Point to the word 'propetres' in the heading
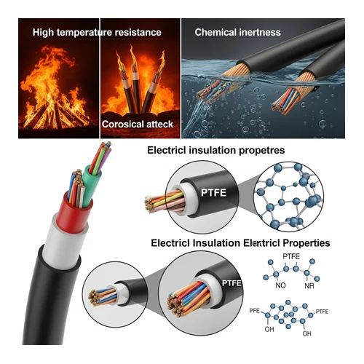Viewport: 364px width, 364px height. [262, 151]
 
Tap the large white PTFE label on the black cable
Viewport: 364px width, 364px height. [213, 193]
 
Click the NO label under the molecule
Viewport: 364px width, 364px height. [280, 285]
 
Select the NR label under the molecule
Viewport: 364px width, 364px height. [309, 286]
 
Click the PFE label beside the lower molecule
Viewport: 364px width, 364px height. [255, 311]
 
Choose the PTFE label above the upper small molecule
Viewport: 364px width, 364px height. [291, 256]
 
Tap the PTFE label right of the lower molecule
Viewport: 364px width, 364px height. [322, 312]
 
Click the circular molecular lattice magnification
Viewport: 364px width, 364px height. [288, 197]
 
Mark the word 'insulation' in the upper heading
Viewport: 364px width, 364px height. [213, 151]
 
